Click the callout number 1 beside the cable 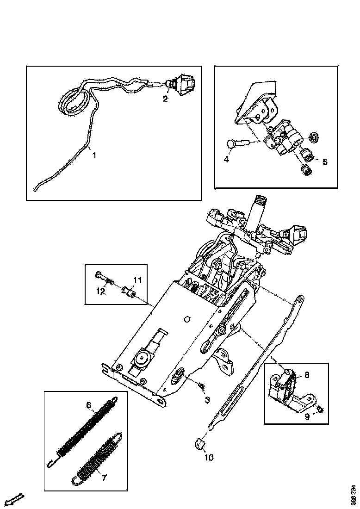click(94, 156)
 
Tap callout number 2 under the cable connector click(166, 99)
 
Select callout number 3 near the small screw click(207, 399)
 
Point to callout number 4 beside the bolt click(226, 160)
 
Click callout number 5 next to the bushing click(324, 161)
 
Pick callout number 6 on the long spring click(88, 406)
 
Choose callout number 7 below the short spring click(104, 478)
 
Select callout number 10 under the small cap click(209, 458)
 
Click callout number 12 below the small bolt click(101, 291)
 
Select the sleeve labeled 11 click(128, 293)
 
